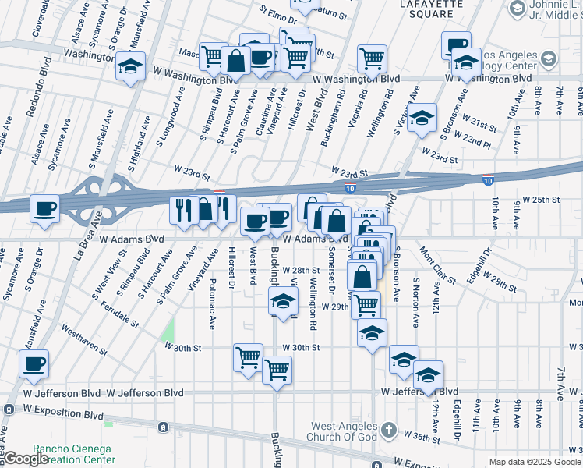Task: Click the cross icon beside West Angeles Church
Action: [x=389, y=430]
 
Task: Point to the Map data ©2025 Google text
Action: [x=535, y=462]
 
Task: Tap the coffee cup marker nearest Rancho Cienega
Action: [x=34, y=363]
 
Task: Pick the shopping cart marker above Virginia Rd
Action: [x=373, y=58]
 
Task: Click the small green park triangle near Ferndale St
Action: [x=168, y=333]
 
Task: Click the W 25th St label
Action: [x=541, y=200]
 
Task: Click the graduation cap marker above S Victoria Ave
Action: [x=422, y=118]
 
